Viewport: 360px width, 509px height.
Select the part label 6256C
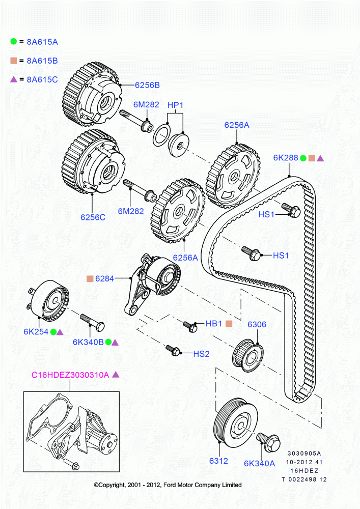point(93,217)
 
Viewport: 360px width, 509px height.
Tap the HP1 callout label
point(175,105)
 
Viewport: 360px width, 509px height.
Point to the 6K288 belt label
point(285,158)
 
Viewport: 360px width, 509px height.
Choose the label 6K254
point(36,331)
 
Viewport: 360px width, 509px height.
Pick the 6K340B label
point(88,343)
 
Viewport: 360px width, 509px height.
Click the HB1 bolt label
point(213,323)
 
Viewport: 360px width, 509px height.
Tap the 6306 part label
point(257,324)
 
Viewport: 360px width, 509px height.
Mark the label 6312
point(218,461)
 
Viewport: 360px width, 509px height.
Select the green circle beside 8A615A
point(14,41)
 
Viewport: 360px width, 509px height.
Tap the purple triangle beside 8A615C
point(14,79)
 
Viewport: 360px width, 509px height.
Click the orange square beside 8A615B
point(14,61)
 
